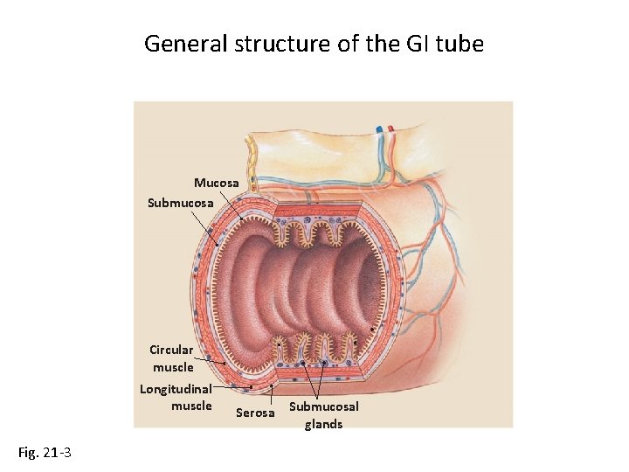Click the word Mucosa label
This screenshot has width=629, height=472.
click(x=216, y=183)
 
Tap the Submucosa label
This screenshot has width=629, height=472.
click(x=180, y=203)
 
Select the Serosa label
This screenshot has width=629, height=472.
click(x=255, y=413)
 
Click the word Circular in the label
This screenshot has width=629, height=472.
click(x=171, y=350)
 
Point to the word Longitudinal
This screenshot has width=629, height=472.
click(x=176, y=389)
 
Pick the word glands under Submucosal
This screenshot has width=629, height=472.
click(x=323, y=424)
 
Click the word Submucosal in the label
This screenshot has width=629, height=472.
click(x=323, y=406)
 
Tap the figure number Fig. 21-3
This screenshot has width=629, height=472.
click(x=45, y=452)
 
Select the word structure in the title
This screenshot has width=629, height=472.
click(x=275, y=43)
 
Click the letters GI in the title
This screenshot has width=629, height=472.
click(x=413, y=43)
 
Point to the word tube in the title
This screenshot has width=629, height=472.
click(x=460, y=43)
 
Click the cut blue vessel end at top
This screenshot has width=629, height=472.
click(x=380, y=128)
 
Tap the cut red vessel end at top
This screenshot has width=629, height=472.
click(x=391, y=128)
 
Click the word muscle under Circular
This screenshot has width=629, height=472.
click(x=173, y=367)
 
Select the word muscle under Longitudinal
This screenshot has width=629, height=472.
click(x=191, y=406)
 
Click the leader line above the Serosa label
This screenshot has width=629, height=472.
click(x=272, y=394)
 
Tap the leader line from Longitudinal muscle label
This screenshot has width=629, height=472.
click(x=232, y=386)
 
